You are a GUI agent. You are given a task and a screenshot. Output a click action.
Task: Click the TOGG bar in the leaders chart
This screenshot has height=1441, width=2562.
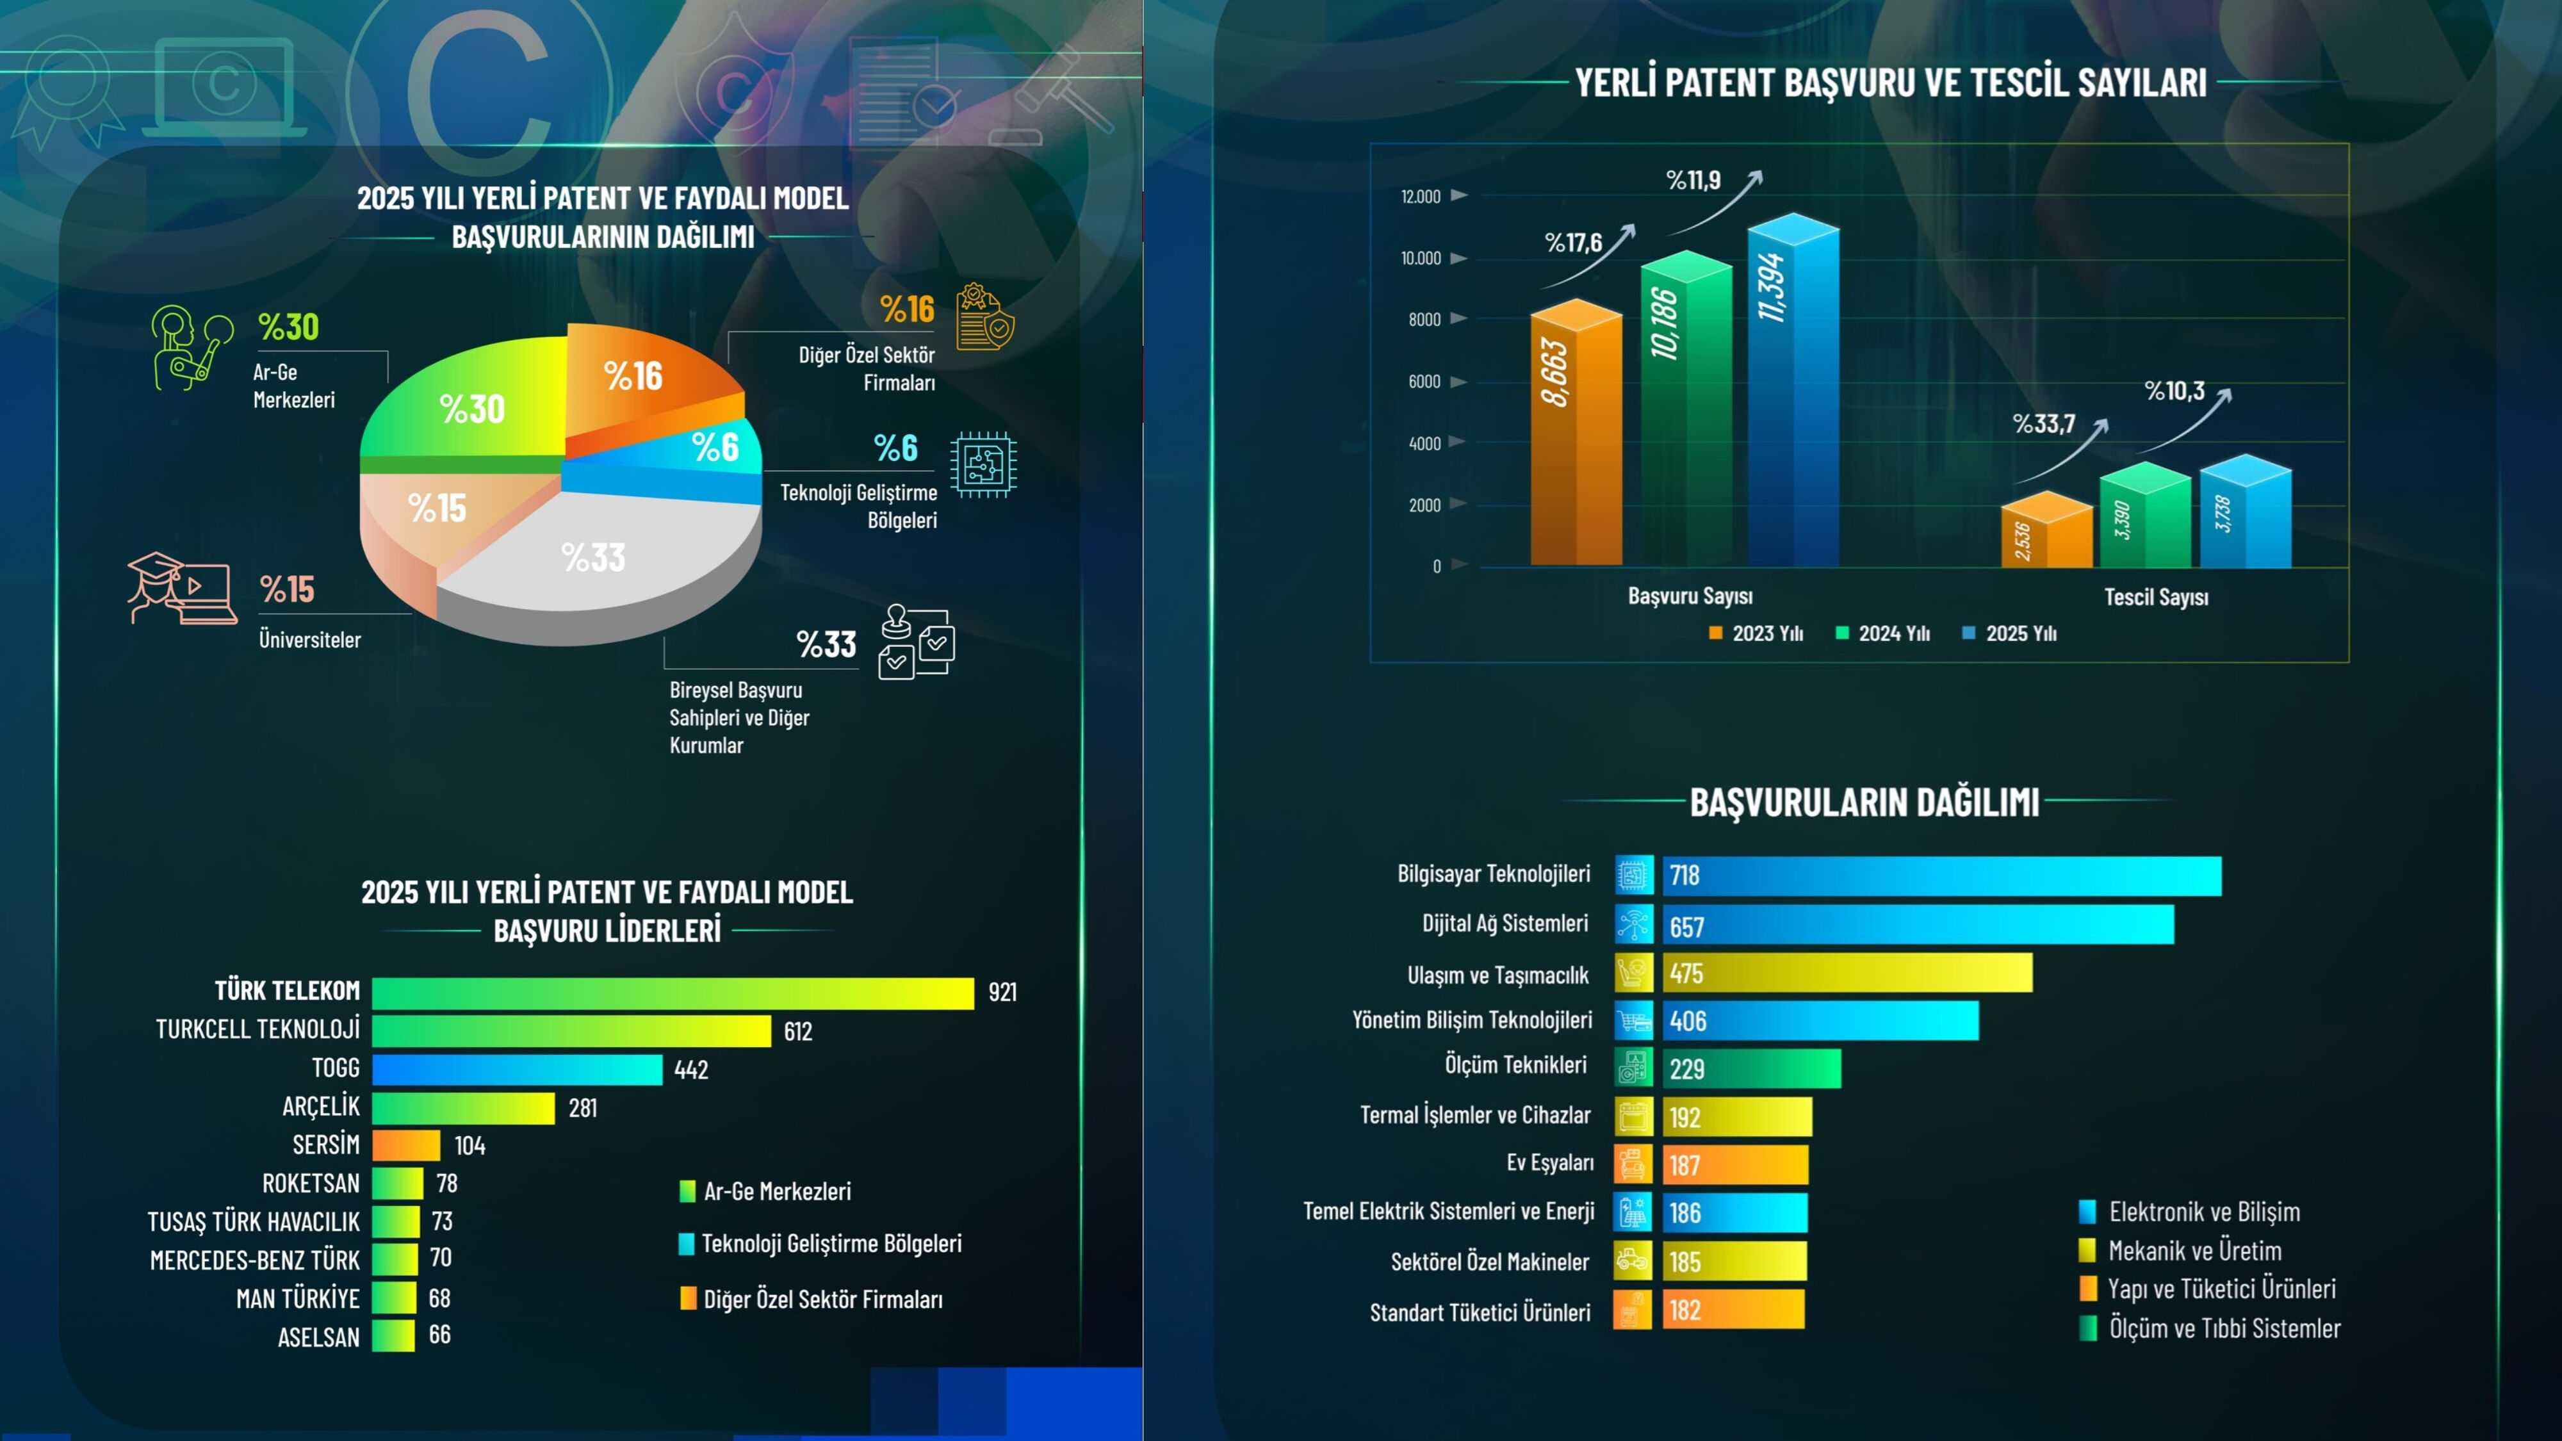(517, 1069)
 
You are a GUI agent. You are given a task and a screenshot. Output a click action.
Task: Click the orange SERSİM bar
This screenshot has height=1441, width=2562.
(406, 1144)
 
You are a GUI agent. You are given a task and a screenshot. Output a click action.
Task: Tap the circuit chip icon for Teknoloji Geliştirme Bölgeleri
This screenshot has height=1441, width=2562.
(983, 464)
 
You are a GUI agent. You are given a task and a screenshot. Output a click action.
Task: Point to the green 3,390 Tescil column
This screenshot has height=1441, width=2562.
(2145, 517)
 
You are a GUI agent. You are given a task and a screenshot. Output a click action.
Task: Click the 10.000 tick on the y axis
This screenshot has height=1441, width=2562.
(1421, 259)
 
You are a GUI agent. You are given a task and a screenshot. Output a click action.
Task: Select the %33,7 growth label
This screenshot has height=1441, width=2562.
(2044, 425)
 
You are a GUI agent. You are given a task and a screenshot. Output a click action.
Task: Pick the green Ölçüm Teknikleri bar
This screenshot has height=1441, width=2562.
(1751, 1069)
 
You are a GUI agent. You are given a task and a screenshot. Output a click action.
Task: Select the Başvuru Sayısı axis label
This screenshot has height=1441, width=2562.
(1690, 597)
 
